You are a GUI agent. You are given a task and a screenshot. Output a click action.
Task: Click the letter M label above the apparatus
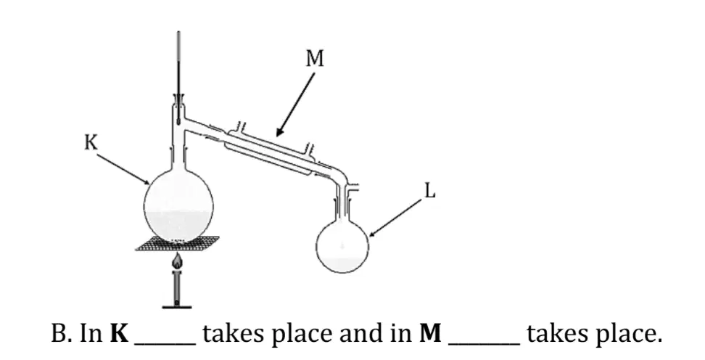pyautogui.click(x=314, y=59)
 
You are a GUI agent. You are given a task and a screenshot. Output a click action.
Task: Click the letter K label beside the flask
pyautogui.click(x=91, y=143)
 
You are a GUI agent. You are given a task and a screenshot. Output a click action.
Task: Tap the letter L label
pyautogui.click(x=430, y=192)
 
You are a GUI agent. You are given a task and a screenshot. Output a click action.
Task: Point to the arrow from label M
pyautogui.click(x=295, y=105)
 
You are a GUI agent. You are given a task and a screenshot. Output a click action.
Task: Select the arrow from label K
pyautogui.click(x=123, y=169)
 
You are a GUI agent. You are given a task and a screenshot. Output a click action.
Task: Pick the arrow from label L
pyautogui.click(x=396, y=218)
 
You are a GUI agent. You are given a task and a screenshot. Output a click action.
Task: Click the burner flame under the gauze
pyautogui.click(x=178, y=261)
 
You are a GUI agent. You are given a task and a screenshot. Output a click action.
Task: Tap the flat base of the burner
pyautogui.click(x=177, y=307)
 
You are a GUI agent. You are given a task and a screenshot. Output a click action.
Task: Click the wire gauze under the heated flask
pyautogui.click(x=178, y=243)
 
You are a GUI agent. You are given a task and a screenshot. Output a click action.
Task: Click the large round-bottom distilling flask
pyautogui.click(x=178, y=208)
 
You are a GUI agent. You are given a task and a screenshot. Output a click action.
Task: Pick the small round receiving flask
pyautogui.click(x=342, y=246)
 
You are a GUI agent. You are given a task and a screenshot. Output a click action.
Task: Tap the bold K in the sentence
pyautogui.click(x=119, y=334)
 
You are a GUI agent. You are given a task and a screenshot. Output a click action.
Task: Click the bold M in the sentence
pyautogui.click(x=430, y=334)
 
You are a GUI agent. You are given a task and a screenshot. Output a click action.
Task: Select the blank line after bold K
pyautogui.click(x=165, y=345)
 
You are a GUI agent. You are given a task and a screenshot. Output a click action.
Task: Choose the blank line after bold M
pyautogui.click(x=485, y=345)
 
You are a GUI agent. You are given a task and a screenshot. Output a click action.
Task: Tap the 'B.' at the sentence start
pyautogui.click(x=62, y=334)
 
